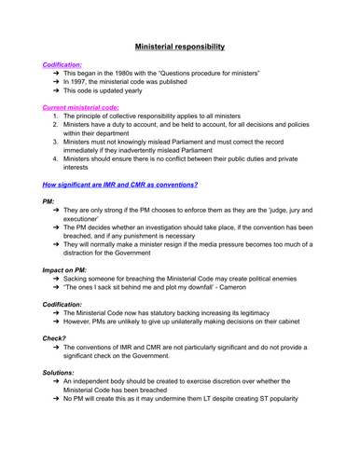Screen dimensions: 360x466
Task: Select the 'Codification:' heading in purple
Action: point(62,66)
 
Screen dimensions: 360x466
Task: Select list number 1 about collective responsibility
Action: point(56,124)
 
